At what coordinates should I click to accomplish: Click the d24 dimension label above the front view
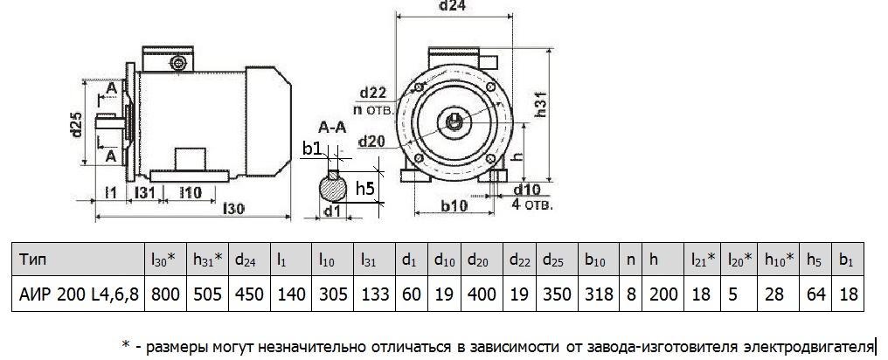point(452,7)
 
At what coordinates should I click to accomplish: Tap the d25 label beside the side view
point(77,128)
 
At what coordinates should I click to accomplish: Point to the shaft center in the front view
point(457,120)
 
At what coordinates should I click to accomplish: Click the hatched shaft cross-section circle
point(332,188)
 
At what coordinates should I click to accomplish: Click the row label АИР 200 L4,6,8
point(77,294)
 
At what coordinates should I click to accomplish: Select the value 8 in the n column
point(631,294)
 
